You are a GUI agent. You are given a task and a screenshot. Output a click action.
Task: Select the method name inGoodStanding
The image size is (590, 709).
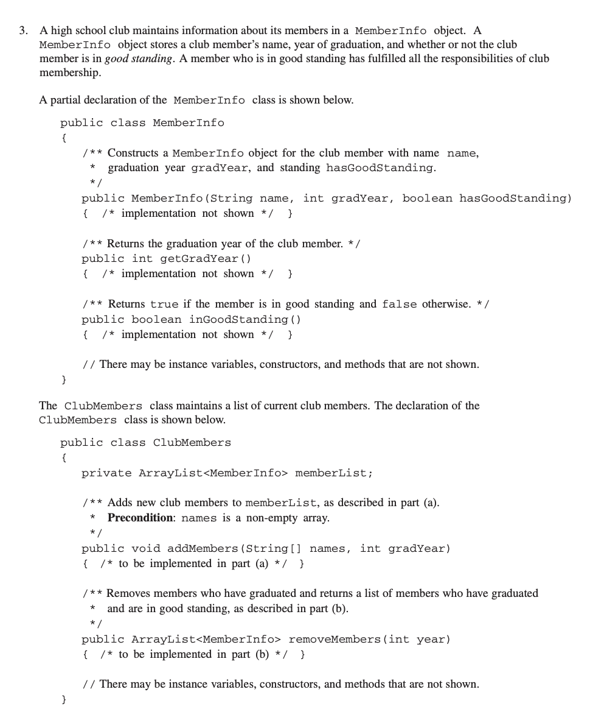pyautogui.click(x=238, y=319)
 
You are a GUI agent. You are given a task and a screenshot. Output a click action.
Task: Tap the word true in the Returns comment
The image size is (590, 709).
pyautogui.click(x=164, y=304)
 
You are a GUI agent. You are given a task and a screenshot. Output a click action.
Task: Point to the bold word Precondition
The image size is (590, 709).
pyautogui.click(x=141, y=518)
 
